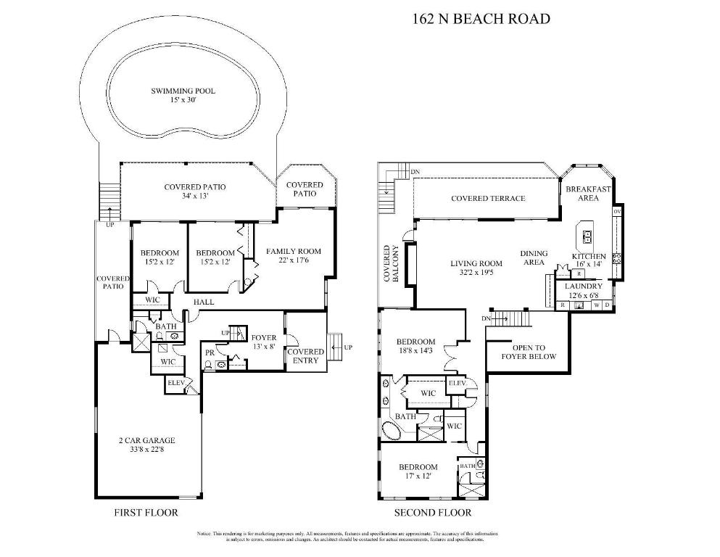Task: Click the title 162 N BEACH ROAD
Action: tap(481, 19)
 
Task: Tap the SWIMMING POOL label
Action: tap(183, 91)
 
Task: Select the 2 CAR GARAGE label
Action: tap(147, 440)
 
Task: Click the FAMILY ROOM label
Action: tap(293, 252)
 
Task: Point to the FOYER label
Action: tap(263, 338)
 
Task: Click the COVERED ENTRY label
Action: tap(305, 356)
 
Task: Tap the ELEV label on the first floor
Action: tap(175, 382)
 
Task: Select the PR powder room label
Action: tap(210, 352)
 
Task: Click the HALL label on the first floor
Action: tap(203, 300)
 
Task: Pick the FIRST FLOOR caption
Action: tap(146, 513)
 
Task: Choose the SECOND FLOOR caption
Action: tap(432, 513)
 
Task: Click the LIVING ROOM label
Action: tap(476, 264)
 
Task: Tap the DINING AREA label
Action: tap(534, 258)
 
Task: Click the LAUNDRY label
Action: tap(584, 286)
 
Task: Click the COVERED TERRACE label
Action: tap(488, 199)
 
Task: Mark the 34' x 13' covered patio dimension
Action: tap(194, 196)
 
